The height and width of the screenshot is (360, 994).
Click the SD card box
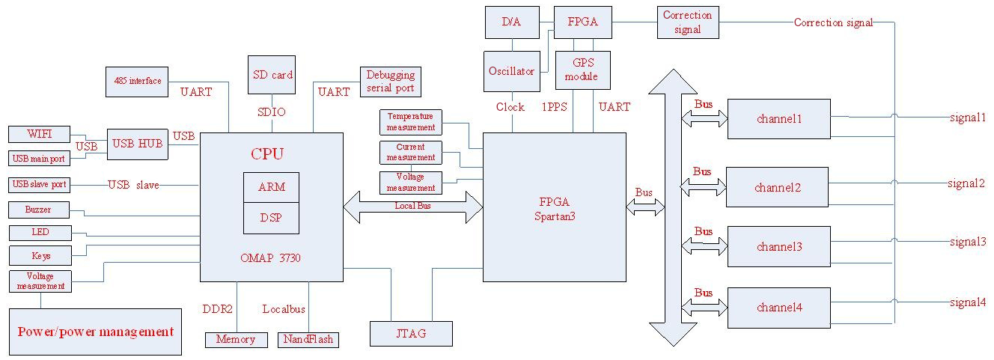point(271,74)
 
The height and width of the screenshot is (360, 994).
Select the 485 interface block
point(138,81)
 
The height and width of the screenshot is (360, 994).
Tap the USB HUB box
point(137,143)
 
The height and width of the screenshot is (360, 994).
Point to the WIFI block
point(39,135)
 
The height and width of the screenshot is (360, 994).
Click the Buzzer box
point(39,210)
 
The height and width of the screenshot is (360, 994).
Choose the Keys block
point(40,256)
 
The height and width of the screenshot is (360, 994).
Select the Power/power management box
point(95,332)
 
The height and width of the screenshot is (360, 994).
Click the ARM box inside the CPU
point(271,186)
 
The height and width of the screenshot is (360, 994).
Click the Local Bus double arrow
point(413,207)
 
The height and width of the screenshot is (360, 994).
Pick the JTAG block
point(411,333)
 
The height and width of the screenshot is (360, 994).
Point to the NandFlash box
point(308,339)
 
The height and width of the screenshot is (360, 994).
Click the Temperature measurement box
point(410,122)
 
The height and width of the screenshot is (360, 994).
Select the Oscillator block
point(511,71)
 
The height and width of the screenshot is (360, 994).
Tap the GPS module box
point(582,70)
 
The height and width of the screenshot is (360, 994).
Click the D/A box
point(511,22)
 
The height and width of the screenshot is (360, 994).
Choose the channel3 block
point(778,246)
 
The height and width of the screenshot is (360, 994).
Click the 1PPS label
point(554,107)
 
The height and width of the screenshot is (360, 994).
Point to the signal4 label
point(967,302)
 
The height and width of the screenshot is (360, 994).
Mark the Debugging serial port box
point(390,82)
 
